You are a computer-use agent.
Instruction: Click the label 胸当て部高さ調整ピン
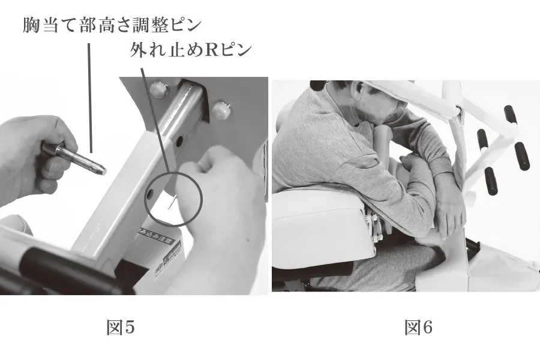pyautogui.click(x=112, y=26)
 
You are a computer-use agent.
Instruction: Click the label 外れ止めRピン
pyautogui.click(x=190, y=51)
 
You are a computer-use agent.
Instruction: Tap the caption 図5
pyautogui.click(x=120, y=328)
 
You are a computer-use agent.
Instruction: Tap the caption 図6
pyautogui.click(x=418, y=328)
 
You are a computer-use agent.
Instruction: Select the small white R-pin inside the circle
pyautogui.click(x=172, y=204)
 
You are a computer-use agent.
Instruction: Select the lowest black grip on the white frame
pyautogui.click(x=490, y=181)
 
